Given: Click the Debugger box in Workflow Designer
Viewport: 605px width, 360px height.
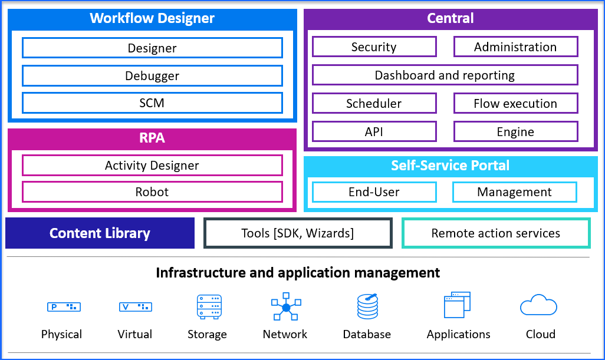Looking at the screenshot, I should click(x=152, y=75).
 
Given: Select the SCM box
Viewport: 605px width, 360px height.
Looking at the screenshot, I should click(x=152, y=103).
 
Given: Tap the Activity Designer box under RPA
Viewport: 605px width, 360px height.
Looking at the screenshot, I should click(x=152, y=166).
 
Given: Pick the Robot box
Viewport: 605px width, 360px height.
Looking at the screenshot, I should click(x=152, y=192).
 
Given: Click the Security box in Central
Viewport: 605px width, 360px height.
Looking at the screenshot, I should click(x=374, y=47).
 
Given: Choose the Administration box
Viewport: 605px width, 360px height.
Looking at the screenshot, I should click(x=515, y=47).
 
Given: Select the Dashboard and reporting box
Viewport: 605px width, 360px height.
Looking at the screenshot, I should click(x=445, y=75).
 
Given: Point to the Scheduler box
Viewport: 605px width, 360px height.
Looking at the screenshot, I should click(x=374, y=104).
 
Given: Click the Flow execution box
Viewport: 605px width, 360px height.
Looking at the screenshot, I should click(x=515, y=104).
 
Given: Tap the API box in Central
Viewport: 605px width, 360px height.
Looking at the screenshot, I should click(x=374, y=132).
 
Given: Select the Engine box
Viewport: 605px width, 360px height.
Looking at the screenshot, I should click(x=515, y=132).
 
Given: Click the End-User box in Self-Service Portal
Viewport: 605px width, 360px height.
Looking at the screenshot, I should click(x=374, y=192).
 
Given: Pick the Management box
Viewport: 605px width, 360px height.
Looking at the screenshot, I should click(x=514, y=192).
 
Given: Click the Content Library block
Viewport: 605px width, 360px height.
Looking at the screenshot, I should click(x=100, y=233).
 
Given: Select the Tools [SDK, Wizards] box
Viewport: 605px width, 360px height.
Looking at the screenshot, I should click(x=298, y=233).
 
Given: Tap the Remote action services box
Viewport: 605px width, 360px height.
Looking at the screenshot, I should click(x=496, y=233).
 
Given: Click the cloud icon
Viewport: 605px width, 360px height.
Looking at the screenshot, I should click(x=538, y=306).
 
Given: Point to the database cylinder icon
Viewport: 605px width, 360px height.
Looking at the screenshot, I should click(x=367, y=306).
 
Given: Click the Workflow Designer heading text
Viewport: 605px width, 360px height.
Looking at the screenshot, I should click(x=152, y=18).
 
